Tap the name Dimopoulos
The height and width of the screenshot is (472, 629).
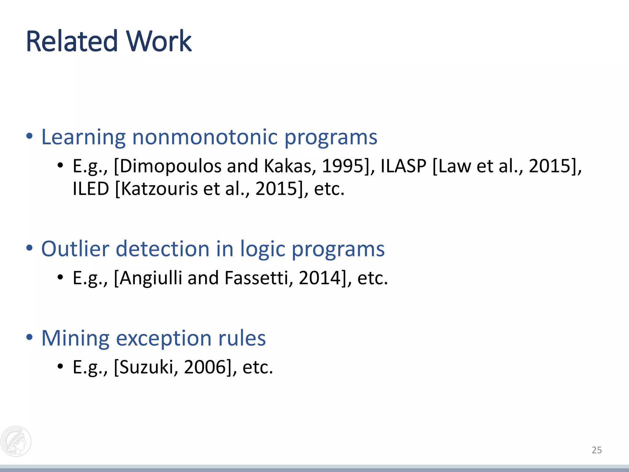pyautogui.click(x=170, y=166)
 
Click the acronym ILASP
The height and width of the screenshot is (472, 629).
pyautogui.click(x=403, y=166)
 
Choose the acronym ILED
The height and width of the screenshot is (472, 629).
pyautogui.click(x=91, y=189)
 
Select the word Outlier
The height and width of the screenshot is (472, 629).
pyautogui.click(x=75, y=249)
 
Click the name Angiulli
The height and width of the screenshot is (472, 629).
pyautogui.click(x=151, y=278)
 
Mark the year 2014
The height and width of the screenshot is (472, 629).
pyautogui.click(x=320, y=278)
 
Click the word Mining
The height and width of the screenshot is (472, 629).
pyautogui.click(x=75, y=338)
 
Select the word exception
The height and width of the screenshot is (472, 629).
pyautogui.click(x=164, y=338)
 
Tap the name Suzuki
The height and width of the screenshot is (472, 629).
pyautogui.click(x=146, y=367)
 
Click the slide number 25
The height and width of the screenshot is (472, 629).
pyautogui.click(x=596, y=450)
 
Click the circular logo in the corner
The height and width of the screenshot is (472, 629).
pyautogui.click(x=16, y=441)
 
